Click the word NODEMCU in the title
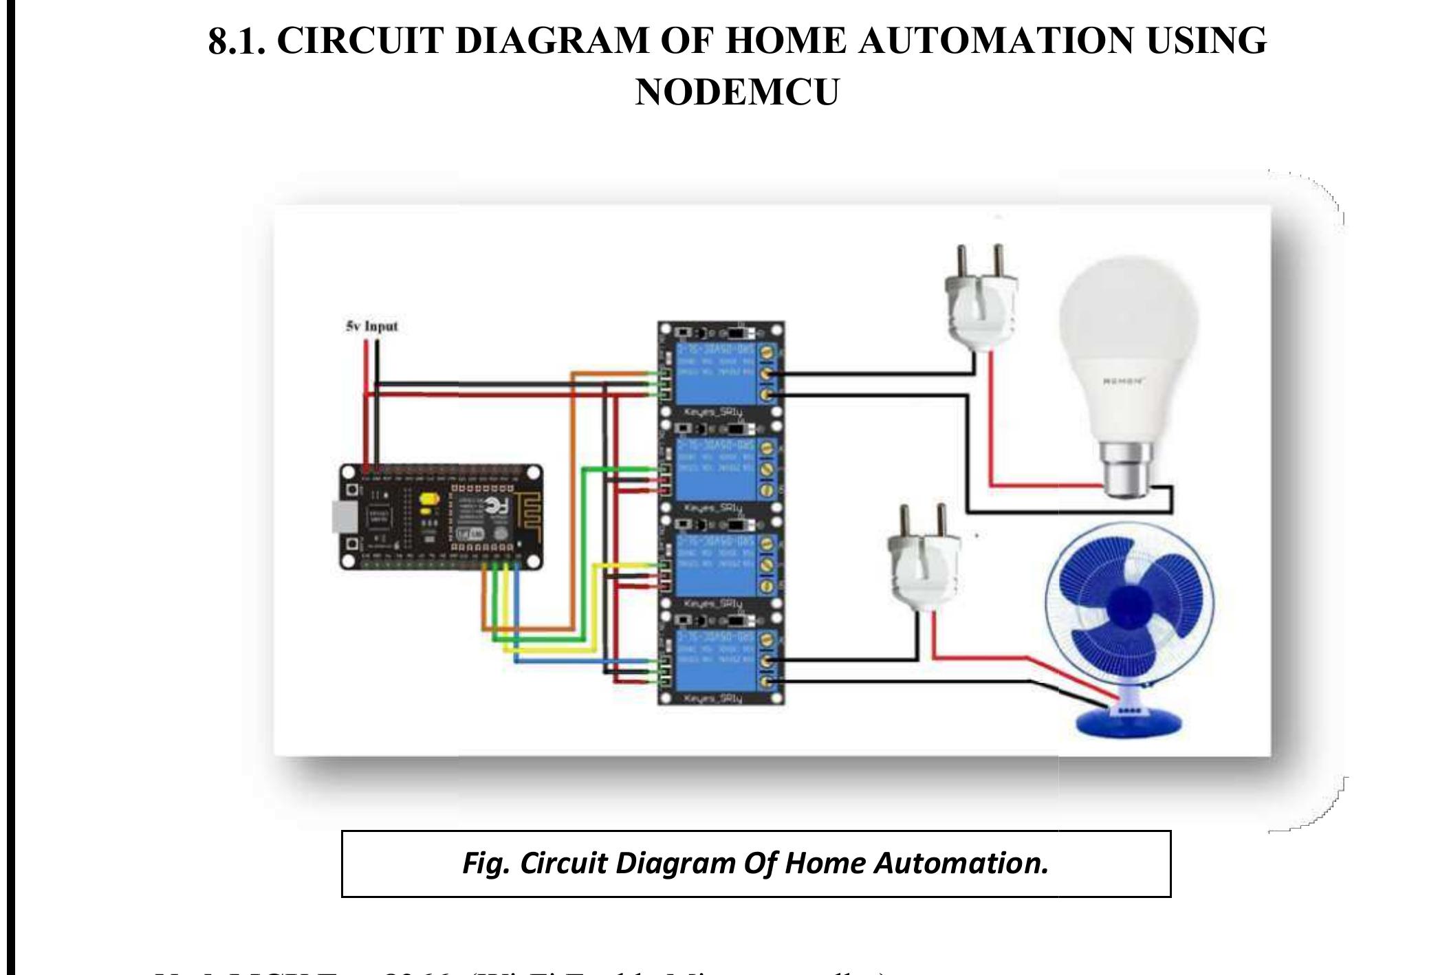pyautogui.click(x=737, y=92)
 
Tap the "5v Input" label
pyautogui.click(x=371, y=326)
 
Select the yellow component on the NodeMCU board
pyautogui.click(x=429, y=503)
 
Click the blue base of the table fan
pyautogui.click(x=1128, y=721)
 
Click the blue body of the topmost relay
pyautogui.click(x=715, y=374)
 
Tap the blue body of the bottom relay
pyautogui.click(x=715, y=660)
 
